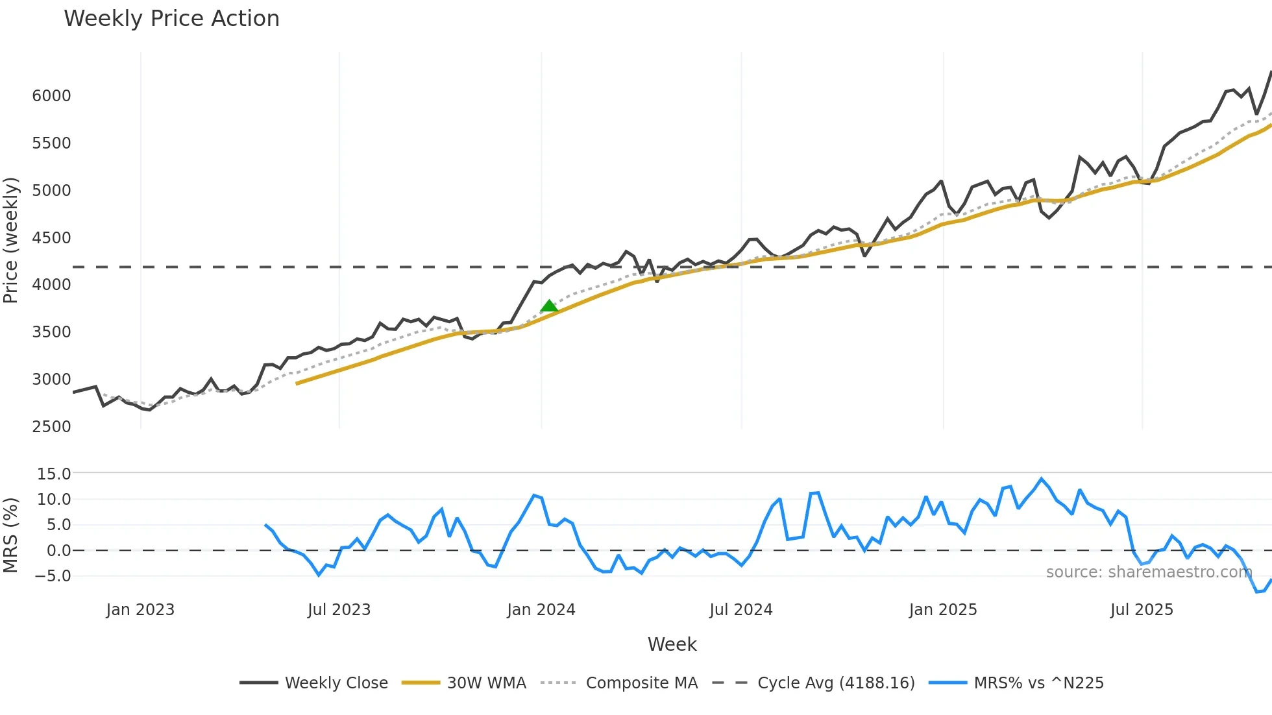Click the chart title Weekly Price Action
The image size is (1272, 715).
[x=171, y=19]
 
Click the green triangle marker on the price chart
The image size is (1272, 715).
[x=549, y=306]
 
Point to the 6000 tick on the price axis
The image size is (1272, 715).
[x=51, y=96]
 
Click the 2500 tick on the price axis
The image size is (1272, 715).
[x=51, y=427]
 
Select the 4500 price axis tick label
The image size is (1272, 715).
[x=51, y=238]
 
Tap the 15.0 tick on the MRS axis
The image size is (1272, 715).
[x=54, y=474]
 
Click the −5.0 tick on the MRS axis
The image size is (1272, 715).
[x=53, y=576]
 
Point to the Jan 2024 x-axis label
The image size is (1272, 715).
[x=541, y=610]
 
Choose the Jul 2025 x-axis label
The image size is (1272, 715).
[x=1142, y=610]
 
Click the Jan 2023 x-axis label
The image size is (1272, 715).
[x=140, y=610]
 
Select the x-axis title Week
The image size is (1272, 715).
[x=672, y=644]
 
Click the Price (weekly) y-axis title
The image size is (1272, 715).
[x=11, y=240]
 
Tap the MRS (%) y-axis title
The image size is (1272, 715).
[x=11, y=535]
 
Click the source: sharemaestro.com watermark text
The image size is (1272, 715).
[x=1149, y=572]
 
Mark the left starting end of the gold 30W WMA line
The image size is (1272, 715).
[x=297, y=383]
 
